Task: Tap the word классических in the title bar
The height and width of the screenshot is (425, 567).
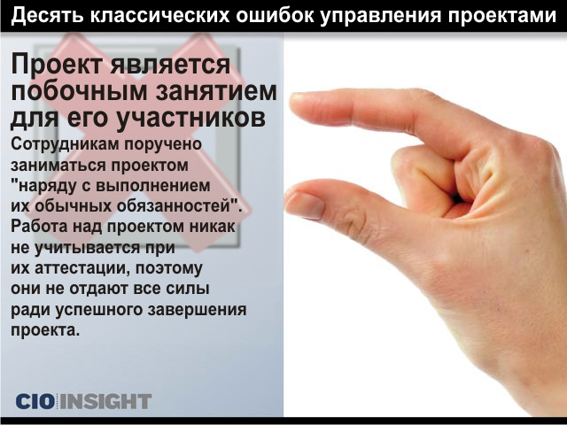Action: coord(159,16)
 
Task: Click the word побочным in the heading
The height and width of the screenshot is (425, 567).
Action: coord(79,91)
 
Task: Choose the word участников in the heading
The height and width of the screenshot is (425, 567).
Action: coord(191,118)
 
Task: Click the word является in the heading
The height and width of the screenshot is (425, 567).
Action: coord(170,65)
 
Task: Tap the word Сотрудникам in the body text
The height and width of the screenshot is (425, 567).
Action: coord(65,144)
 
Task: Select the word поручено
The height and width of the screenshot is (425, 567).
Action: coord(163,144)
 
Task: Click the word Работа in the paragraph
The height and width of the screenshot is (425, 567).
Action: coord(39,227)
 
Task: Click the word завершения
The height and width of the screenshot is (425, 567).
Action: coord(195,311)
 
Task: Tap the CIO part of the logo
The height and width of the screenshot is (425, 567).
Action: coord(35,401)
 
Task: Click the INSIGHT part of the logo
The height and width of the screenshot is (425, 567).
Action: coord(105,401)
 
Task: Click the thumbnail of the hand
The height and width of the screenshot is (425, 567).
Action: coord(304,205)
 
